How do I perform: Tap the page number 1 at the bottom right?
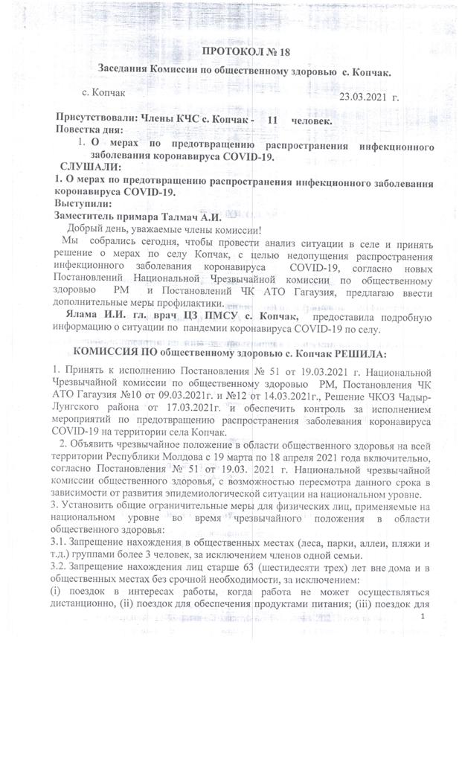(423, 617)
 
